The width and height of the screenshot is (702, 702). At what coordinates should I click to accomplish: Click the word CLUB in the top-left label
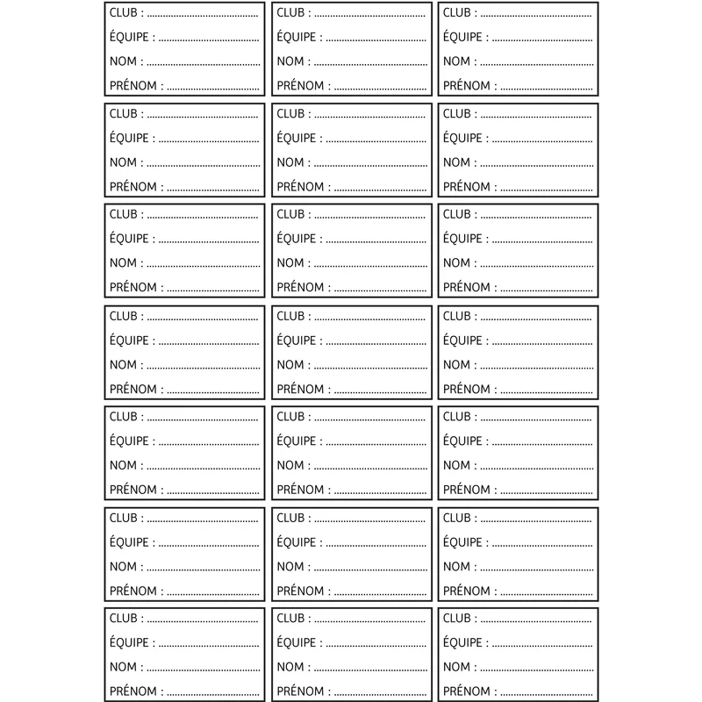pyautogui.click(x=123, y=13)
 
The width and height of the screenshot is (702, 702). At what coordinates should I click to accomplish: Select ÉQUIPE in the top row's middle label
pyautogui.click(x=296, y=38)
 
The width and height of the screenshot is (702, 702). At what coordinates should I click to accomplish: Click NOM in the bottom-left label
pyautogui.click(x=123, y=667)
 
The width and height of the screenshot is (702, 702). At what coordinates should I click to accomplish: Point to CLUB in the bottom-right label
pyautogui.click(x=456, y=619)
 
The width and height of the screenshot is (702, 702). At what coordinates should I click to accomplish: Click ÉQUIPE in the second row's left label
pyautogui.click(x=129, y=139)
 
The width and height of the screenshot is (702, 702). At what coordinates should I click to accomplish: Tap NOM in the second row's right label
pyautogui.click(x=456, y=162)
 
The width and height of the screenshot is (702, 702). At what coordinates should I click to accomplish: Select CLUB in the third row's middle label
pyautogui.click(x=290, y=214)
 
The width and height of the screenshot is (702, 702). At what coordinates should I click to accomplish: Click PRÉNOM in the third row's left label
pyautogui.click(x=132, y=287)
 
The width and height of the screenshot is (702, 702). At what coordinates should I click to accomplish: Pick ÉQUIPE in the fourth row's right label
pyautogui.click(x=462, y=340)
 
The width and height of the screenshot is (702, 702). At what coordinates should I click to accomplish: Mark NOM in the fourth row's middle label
pyautogui.click(x=290, y=364)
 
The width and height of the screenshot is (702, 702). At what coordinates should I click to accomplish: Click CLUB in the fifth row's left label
pyautogui.click(x=123, y=417)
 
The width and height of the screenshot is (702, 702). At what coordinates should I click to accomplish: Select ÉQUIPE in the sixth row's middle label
pyautogui.click(x=296, y=542)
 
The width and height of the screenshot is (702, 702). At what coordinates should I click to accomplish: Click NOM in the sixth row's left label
pyautogui.click(x=123, y=566)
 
